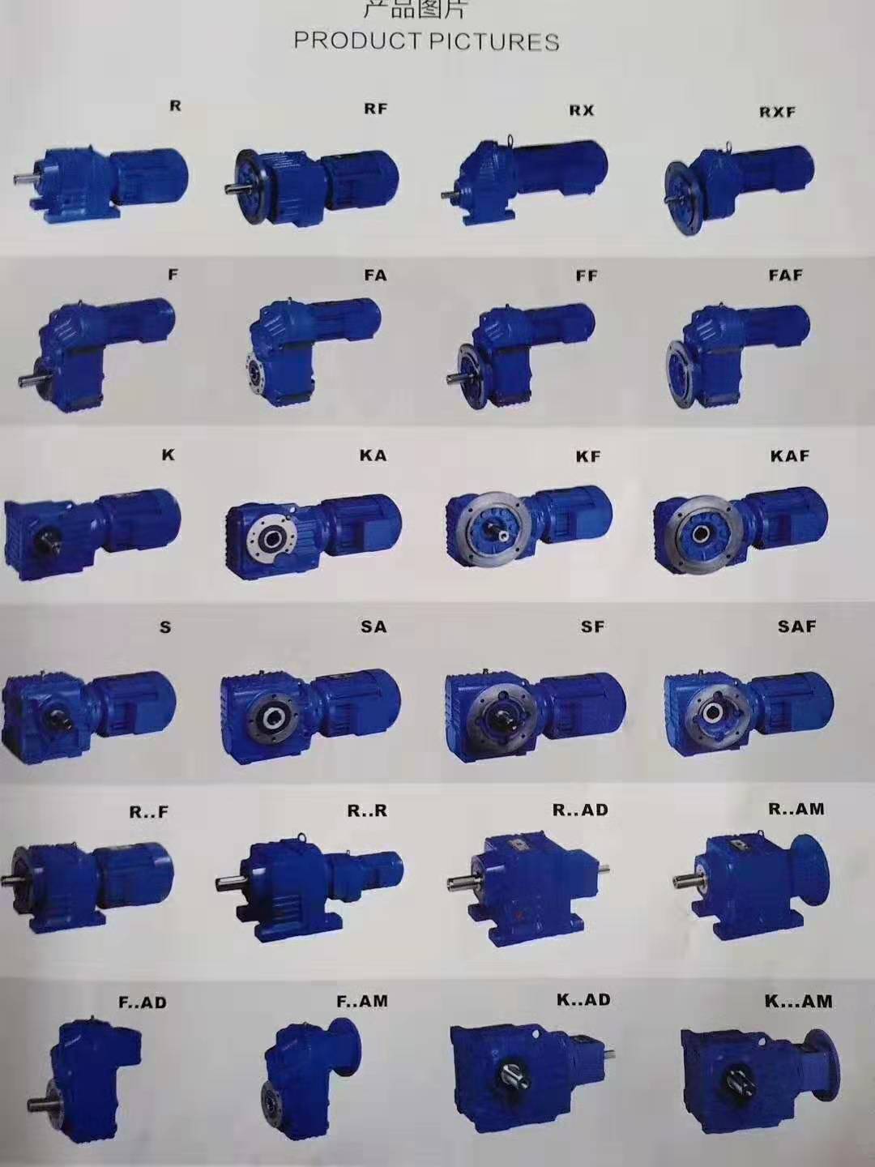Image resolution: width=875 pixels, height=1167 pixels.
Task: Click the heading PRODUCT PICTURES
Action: click(426, 41)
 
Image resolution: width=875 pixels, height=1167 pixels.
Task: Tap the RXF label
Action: click(777, 112)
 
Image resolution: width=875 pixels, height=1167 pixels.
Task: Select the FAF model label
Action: click(785, 276)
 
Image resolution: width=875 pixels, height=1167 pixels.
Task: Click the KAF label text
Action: click(789, 455)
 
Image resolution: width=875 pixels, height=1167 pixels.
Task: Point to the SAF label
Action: click(796, 626)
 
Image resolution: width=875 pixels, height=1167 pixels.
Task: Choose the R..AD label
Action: click(580, 810)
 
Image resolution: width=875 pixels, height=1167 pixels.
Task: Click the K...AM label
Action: click(798, 1001)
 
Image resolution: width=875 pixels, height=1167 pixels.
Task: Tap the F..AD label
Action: click(143, 1002)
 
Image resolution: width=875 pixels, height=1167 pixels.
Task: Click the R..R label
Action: click(367, 810)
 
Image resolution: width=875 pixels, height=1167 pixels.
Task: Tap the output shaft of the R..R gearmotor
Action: click(230, 881)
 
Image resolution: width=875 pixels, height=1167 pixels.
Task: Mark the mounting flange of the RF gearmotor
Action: click(253, 185)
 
